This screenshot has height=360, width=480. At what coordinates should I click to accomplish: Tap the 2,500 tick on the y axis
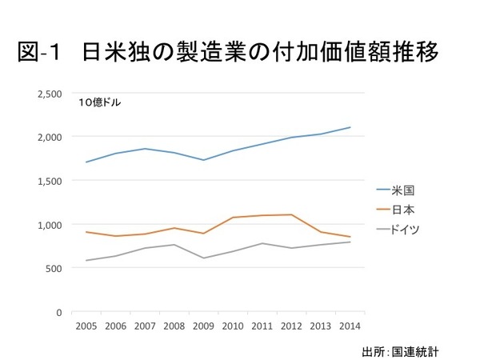(x=50, y=94)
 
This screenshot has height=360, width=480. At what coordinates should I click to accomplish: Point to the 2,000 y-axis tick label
(x=50, y=137)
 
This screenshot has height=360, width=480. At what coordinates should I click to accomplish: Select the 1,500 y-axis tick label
(x=50, y=181)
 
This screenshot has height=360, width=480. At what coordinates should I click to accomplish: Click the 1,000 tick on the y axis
(x=50, y=224)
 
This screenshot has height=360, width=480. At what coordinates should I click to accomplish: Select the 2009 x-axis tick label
(x=202, y=326)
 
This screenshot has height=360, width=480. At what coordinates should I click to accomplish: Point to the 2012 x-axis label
(x=290, y=326)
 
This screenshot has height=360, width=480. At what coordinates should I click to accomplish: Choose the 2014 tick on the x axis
(x=350, y=326)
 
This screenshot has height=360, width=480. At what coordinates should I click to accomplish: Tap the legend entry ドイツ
(x=408, y=229)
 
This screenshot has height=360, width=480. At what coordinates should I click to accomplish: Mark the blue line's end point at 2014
(x=350, y=127)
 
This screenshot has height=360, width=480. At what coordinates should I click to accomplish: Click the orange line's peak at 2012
(x=290, y=214)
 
